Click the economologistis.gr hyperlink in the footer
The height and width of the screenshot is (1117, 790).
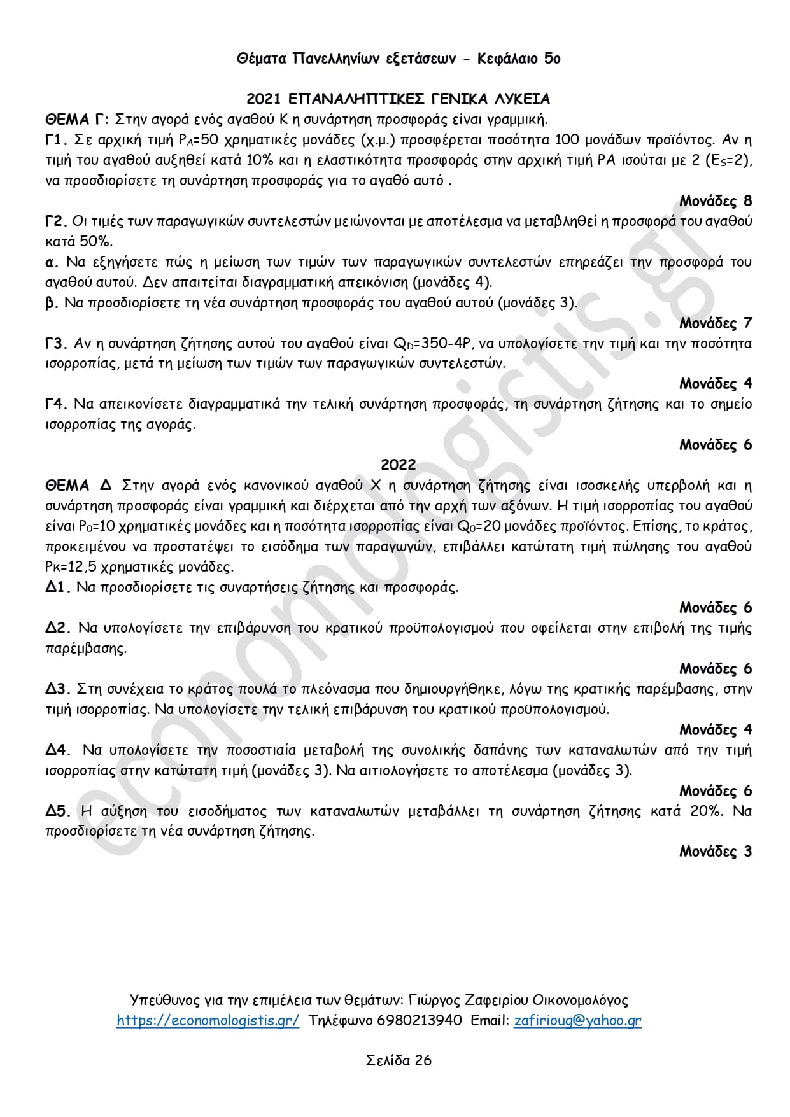(x=208, y=1020)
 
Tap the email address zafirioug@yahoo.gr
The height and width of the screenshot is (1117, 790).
(x=577, y=1020)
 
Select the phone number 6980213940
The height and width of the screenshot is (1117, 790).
(x=420, y=1020)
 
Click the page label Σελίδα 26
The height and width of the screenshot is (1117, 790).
(x=399, y=1060)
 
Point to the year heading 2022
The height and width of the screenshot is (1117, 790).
(x=399, y=465)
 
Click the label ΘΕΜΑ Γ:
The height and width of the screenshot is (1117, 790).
(x=78, y=120)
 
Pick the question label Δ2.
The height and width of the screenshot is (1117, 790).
(x=57, y=628)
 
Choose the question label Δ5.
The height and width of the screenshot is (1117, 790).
(x=57, y=811)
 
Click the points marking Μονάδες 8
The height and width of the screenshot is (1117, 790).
(x=716, y=201)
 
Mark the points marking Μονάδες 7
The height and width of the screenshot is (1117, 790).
(x=716, y=323)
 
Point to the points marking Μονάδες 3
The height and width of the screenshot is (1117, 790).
(x=716, y=852)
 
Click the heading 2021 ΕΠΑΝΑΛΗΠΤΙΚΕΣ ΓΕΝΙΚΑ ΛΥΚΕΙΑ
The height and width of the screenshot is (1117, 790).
(x=398, y=99)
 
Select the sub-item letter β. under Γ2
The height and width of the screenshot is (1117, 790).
(x=52, y=303)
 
